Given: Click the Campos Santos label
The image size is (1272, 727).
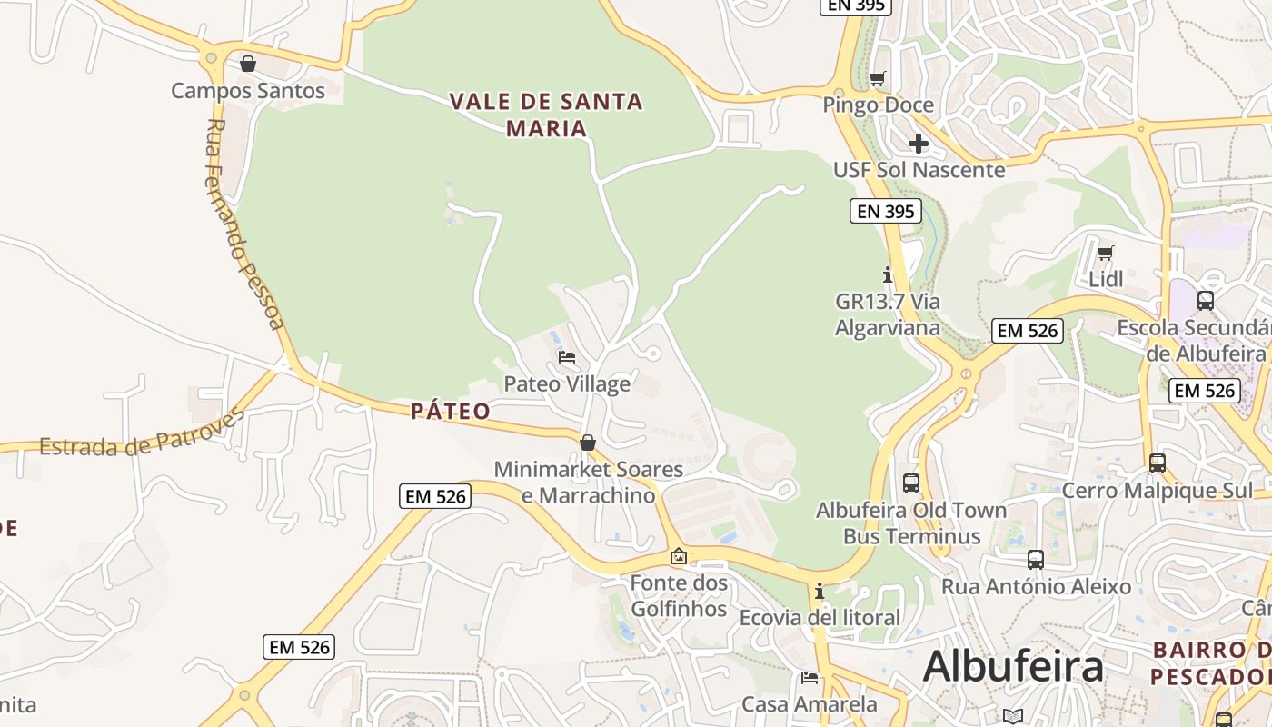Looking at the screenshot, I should (x=247, y=91).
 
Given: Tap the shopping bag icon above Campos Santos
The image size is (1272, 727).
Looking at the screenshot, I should (x=247, y=64).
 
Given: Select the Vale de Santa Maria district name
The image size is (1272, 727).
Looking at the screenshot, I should (x=547, y=115).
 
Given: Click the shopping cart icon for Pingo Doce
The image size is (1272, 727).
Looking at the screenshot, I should (x=877, y=79).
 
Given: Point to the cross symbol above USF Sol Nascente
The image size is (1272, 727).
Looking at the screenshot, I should (x=919, y=144).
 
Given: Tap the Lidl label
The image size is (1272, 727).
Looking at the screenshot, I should (x=1106, y=279).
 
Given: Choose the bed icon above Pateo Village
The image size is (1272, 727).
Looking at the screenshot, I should (x=567, y=357).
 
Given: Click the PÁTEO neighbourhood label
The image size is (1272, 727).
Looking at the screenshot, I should (x=451, y=412).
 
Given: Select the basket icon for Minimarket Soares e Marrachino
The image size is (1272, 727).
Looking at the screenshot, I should (x=588, y=443).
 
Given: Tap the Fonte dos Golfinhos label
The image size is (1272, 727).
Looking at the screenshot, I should (x=680, y=595).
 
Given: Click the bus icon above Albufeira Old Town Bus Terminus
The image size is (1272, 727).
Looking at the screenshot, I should (x=911, y=483).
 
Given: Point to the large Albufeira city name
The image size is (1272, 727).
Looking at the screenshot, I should (x=1013, y=667).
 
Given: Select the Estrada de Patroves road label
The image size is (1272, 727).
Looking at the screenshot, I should (x=142, y=435).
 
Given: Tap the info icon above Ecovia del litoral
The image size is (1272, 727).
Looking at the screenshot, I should (x=819, y=592).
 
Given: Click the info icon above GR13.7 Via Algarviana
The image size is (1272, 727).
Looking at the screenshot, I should (x=888, y=274).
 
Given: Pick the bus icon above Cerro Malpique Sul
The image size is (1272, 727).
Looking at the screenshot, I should (x=1158, y=463).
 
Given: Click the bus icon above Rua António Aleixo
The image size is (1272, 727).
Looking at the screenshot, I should (x=1036, y=560).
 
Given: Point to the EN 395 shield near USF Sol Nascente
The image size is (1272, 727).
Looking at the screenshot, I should (x=886, y=212).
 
